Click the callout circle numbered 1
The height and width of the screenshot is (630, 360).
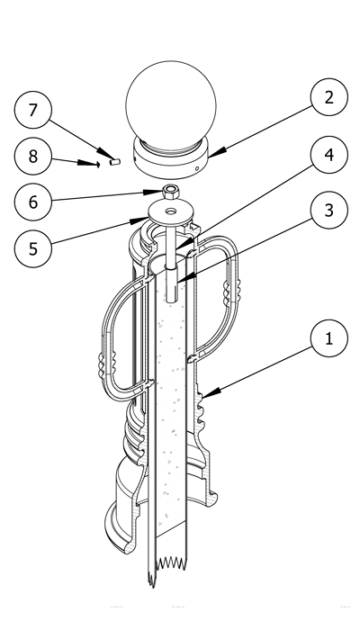pos(329,338)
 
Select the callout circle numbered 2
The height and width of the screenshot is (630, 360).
pos(329,97)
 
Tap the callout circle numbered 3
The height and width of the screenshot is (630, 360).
pos(329,210)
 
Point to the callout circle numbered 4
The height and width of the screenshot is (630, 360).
pos(329,155)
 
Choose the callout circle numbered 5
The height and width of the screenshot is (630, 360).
pos(33,248)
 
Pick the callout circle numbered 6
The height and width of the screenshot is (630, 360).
pos(33,202)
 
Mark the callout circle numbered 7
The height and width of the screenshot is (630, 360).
pos(33,110)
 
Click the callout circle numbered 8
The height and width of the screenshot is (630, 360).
pos(33,156)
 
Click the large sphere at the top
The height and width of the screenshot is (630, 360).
pos(171,105)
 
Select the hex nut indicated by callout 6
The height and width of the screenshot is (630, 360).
pos(171,191)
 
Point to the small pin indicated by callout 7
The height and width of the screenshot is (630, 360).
pos(115,162)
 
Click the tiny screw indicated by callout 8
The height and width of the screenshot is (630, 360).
pos(97,164)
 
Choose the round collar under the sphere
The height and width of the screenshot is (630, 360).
pos(171,157)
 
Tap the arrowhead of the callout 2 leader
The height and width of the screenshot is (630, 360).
pos(216,152)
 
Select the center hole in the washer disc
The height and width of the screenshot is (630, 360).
pos(171,211)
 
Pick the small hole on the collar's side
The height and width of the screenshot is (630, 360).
pos(197,169)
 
